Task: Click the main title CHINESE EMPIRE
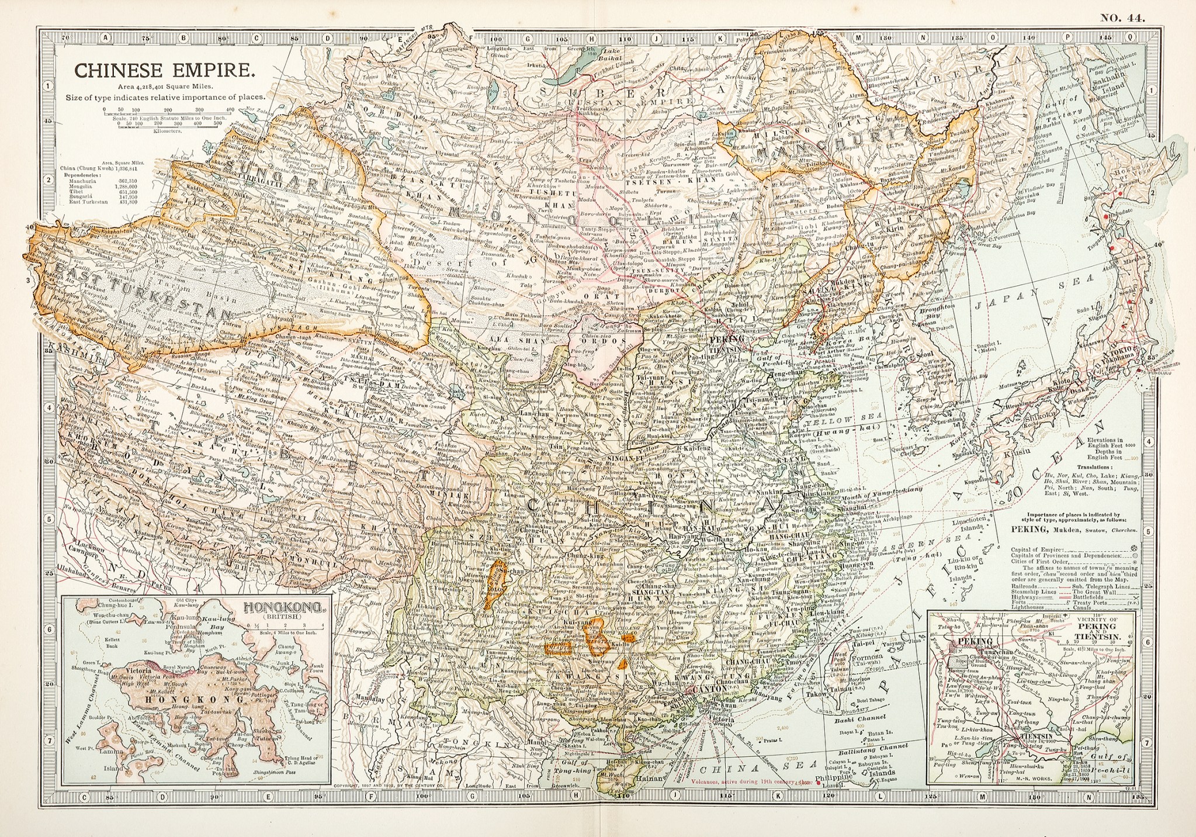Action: (164, 71)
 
